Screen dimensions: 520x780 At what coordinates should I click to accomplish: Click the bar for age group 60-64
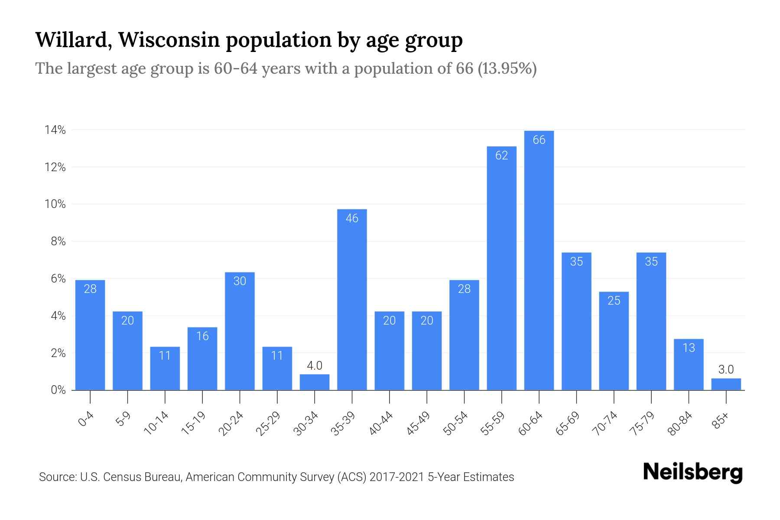coord(539,260)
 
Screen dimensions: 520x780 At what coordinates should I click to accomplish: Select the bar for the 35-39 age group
coord(352,299)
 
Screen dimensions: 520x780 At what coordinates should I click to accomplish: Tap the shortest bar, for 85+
coord(726,384)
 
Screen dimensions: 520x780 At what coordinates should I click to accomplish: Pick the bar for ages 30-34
coord(315,382)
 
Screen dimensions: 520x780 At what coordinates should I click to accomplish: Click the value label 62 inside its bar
coord(501,155)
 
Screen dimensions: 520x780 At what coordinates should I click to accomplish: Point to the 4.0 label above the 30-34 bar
coord(315,366)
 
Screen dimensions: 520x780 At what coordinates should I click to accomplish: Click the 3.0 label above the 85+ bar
coord(726,370)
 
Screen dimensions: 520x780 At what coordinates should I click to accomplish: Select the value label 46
coord(352,218)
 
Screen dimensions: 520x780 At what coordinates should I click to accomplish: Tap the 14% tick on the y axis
coord(55,130)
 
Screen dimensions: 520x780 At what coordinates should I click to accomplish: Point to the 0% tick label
coord(58,390)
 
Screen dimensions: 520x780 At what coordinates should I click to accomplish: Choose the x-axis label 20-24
coord(231,423)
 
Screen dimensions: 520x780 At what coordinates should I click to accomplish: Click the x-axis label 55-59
coord(493,423)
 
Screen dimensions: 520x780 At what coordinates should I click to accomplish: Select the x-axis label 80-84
coord(680,423)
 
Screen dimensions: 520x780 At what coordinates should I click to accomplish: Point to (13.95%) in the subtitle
coord(507,68)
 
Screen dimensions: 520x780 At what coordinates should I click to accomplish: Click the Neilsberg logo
coord(692,472)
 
